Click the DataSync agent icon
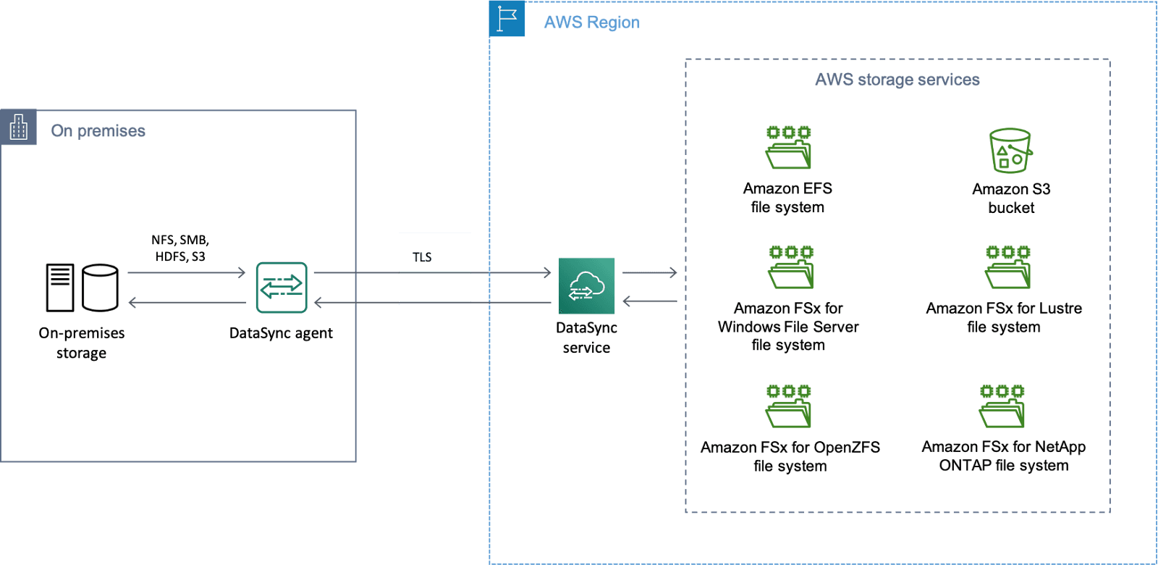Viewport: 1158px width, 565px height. (282, 288)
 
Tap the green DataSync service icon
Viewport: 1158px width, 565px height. (586, 285)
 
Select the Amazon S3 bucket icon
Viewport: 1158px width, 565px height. (1010, 151)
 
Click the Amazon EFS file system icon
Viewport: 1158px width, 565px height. (788, 148)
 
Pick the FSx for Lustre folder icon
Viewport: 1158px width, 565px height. (1007, 267)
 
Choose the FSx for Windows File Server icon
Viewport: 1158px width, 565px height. (790, 267)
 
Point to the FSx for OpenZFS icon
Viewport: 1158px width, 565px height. (788, 406)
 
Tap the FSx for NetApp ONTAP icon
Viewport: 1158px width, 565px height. (1002, 406)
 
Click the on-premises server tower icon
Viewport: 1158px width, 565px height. (60, 288)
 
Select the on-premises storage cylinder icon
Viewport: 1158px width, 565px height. (101, 288)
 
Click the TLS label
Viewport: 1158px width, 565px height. (422, 257)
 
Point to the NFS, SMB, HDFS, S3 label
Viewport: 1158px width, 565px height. (180, 248)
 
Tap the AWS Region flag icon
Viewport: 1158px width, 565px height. (507, 19)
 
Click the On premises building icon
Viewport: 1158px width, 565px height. (19, 127)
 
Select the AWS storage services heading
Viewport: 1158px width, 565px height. (897, 80)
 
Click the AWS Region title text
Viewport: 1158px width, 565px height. (592, 22)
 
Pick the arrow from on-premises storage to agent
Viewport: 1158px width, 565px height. (187, 272)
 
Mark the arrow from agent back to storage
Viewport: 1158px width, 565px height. (187, 302)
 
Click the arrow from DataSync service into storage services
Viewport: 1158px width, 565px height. (650, 272)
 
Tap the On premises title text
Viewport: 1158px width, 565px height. (98, 131)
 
